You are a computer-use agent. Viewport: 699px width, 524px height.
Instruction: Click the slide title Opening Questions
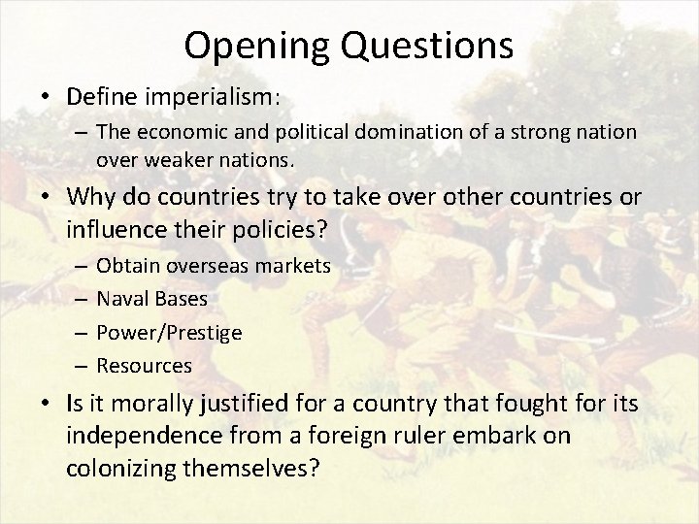tap(349, 44)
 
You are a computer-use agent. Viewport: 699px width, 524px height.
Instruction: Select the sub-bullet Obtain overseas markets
tap(214, 265)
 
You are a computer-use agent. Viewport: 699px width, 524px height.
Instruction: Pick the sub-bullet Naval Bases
tap(151, 299)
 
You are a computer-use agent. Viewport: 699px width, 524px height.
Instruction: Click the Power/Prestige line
tap(170, 332)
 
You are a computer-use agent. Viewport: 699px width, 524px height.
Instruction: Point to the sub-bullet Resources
tap(145, 366)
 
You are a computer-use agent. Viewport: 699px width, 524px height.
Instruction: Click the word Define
tap(100, 98)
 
